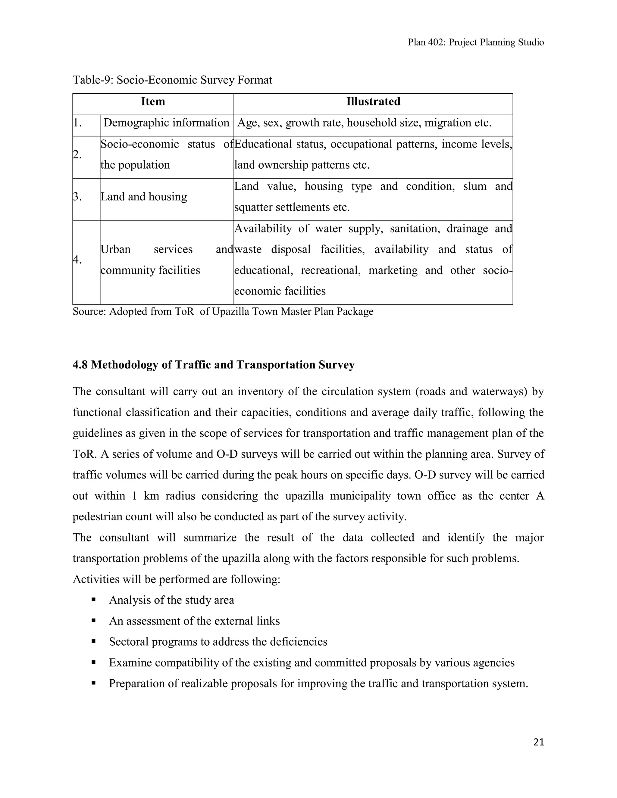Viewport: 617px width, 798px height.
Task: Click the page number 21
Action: [538, 742]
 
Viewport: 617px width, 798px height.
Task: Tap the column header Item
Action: [153, 101]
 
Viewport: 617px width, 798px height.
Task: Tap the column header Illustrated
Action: [373, 101]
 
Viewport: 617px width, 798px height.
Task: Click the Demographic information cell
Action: [166, 123]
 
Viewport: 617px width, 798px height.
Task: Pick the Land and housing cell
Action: [144, 197]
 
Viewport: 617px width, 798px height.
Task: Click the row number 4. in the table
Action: [77, 260]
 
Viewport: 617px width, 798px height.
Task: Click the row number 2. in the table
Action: [77, 154]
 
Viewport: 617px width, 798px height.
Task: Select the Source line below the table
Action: [223, 312]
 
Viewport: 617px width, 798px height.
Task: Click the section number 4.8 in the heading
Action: [80, 365]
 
